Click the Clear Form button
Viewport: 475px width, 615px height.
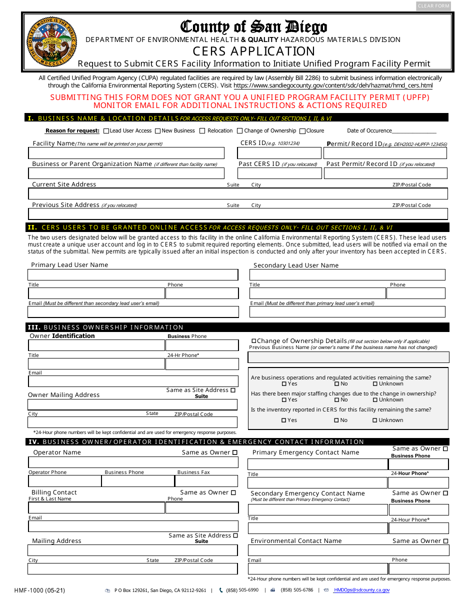pyautogui.click(x=433, y=6)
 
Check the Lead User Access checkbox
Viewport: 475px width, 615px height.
pyautogui.click(x=106, y=131)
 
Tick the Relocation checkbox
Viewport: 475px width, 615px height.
pyautogui.click(x=202, y=131)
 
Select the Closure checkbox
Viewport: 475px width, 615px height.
pyautogui.click(x=302, y=131)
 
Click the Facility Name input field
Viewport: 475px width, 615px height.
pyautogui.click(x=126, y=153)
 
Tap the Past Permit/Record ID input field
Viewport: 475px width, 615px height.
pyautogui.click(x=385, y=173)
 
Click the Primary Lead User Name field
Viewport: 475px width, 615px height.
pyautogui.click(x=133, y=275)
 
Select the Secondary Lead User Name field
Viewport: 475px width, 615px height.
pyautogui.click(x=347, y=275)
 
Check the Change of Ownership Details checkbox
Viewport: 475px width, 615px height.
pyautogui.click(x=254, y=341)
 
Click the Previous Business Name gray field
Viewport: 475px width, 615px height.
pyautogui.click(x=348, y=357)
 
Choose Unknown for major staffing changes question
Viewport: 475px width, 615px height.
pyautogui.click(x=375, y=400)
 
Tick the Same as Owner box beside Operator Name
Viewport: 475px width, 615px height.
pyautogui.click(x=235, y=452)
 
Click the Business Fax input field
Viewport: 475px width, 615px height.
pyautogui.click(x=206, y=481)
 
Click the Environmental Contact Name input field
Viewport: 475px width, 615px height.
pyautogui.click(x=348, y=550)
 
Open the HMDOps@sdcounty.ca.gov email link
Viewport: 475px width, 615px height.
pyautogui.click(x=361, y=590)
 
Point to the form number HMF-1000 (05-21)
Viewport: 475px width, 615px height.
pyautogui.click(x=40, y=590)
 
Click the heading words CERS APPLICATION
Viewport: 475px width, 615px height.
pyautogui.click(x=254, y=51)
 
